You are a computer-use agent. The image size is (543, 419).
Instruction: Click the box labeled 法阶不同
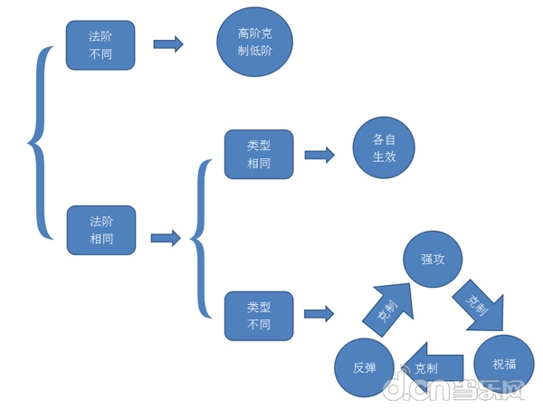click(100, 45)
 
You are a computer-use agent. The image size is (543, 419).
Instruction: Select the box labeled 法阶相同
click(100, 230)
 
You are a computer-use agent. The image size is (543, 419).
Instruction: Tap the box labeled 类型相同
click(259, 153)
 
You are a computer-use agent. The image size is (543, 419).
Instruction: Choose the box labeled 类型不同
click(259, 316)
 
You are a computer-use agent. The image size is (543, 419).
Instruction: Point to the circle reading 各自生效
click(384, 148)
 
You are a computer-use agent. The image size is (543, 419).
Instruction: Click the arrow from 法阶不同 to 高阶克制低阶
click(168, 44)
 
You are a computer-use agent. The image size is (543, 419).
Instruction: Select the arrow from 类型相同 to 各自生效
click(319, 155)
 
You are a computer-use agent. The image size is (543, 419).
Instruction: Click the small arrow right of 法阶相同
click(166, 238)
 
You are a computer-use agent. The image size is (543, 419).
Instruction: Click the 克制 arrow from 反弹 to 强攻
click(384, 308)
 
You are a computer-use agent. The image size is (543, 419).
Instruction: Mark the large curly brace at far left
click(38, 141)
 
